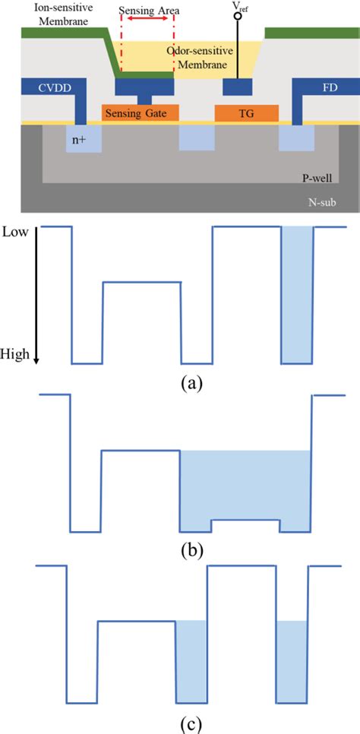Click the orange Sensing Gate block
coord(141,113)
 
